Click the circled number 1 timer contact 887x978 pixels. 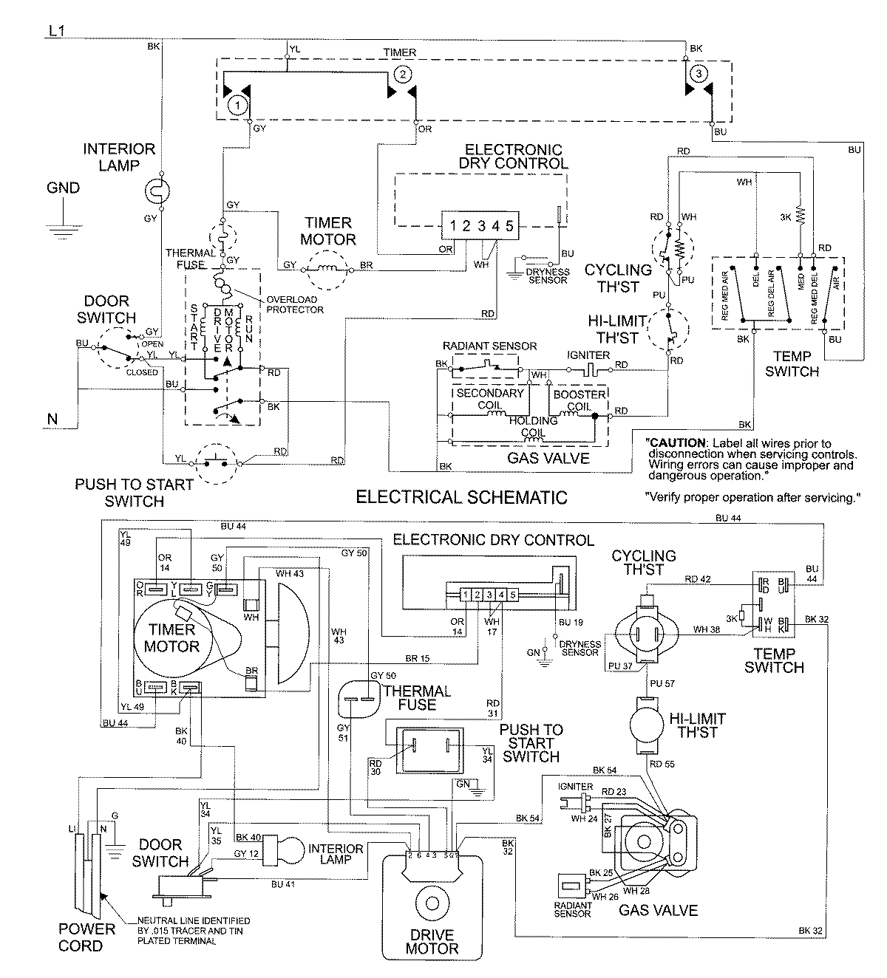[237, 104]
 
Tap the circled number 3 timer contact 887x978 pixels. [699, 73]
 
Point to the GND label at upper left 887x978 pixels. [63, 188]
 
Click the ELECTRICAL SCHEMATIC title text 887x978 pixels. [461, 496]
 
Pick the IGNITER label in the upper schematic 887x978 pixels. [588, 355]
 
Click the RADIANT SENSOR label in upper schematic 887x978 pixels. [489, 346]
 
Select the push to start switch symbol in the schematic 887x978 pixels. [216, 464]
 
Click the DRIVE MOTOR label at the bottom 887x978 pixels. [432, 941]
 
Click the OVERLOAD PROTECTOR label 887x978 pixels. [295, 304]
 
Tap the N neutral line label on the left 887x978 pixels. [52, 419]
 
